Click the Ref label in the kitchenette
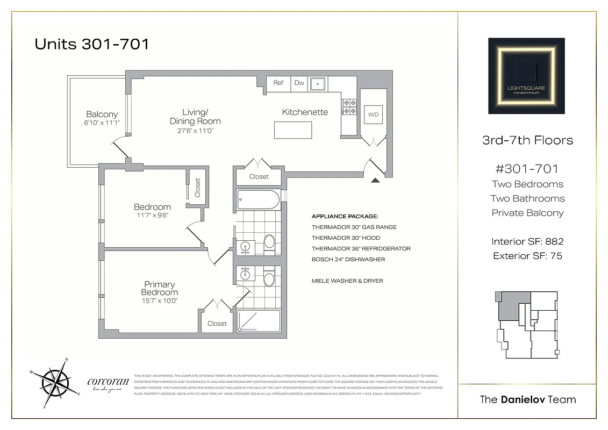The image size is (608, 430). (278, 83)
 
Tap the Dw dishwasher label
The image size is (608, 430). (299, 83)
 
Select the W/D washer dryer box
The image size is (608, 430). (373, 115)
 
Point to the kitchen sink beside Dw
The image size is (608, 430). (318, 83)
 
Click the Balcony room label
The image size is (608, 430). (102, 114)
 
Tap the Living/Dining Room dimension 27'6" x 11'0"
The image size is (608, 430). (195, 131)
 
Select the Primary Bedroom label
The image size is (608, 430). (160, 288)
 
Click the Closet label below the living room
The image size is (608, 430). (259, 177)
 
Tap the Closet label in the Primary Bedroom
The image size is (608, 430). (217, 324)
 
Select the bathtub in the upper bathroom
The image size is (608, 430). (259, 200)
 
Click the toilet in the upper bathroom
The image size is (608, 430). (269, 244)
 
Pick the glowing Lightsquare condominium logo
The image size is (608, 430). (526, 76)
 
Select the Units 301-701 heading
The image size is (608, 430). (91, 44)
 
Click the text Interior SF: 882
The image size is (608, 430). (527, 242)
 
